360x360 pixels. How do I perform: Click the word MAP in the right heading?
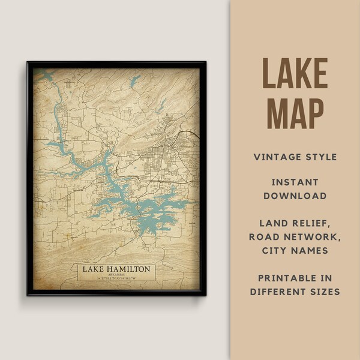point(295,112)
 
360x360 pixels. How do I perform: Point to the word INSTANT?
point(295,181)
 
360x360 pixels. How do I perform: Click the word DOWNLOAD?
point(295,196)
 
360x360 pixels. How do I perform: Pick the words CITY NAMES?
point(295,250)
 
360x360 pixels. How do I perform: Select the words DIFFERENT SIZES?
point(295,292)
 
